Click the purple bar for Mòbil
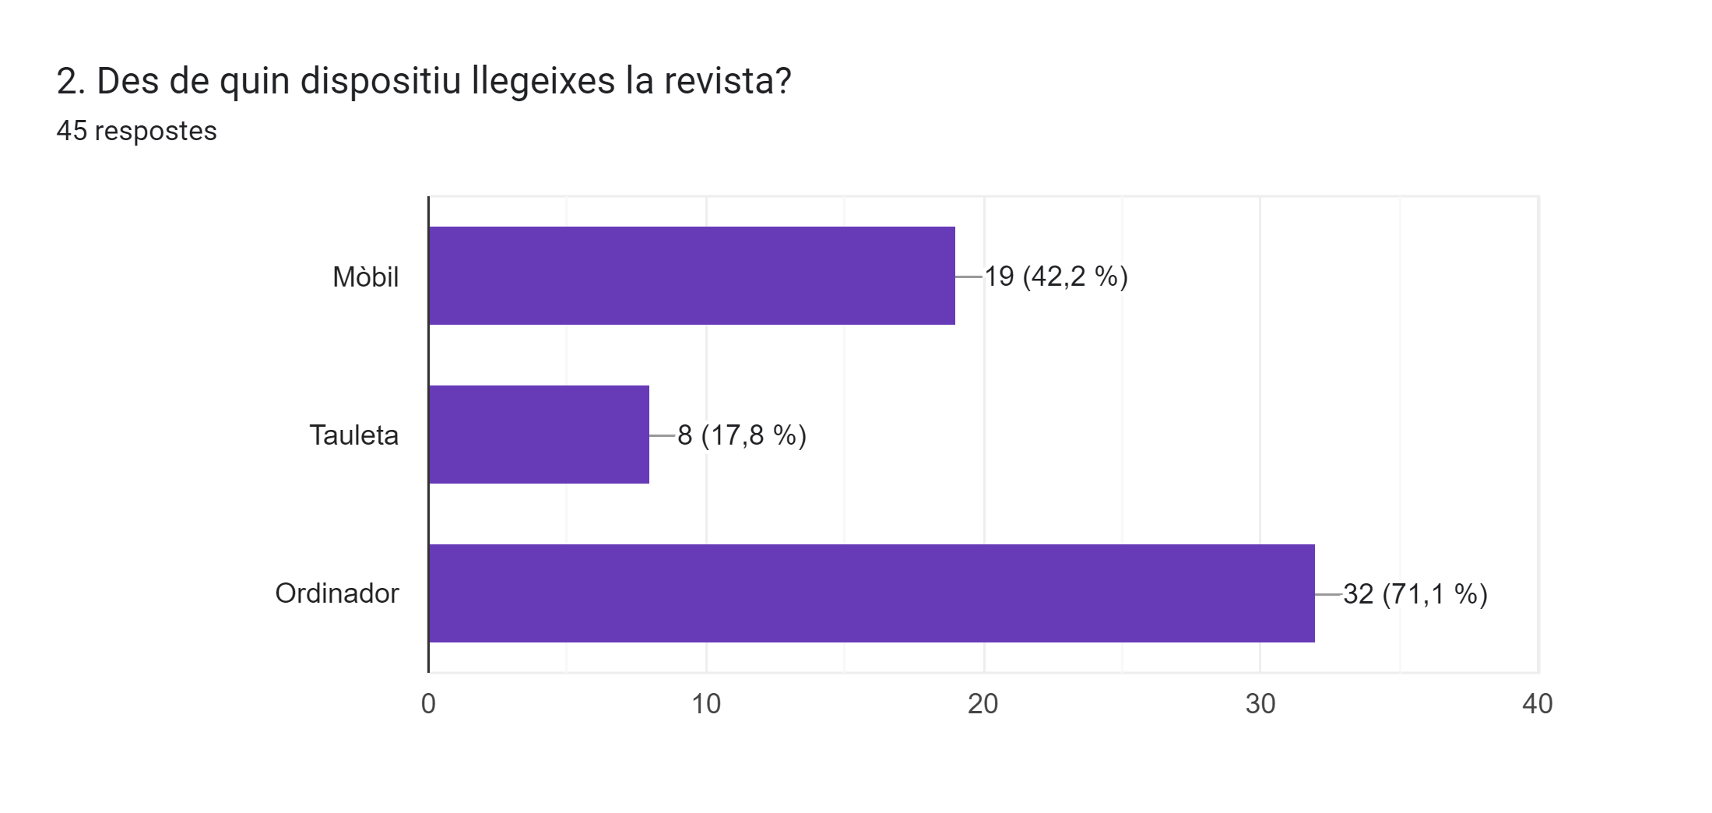691,276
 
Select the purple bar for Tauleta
539,435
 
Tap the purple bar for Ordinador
871,593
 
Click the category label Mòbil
365,277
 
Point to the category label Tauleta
353,435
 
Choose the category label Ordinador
336,593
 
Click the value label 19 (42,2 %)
1056,276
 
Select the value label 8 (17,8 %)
741,435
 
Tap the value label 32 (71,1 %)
1415,594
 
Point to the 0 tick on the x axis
428,704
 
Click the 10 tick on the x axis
706,704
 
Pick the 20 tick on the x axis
983,704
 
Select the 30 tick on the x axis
1260,704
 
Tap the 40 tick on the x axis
1538,704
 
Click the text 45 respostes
136,131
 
